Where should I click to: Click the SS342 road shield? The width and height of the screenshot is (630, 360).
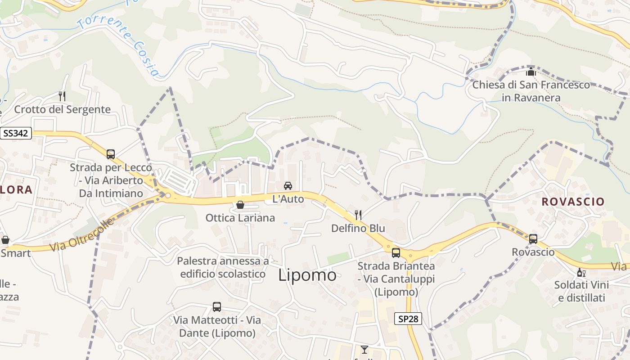(16, 133)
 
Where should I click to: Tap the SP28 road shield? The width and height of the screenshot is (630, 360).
(408, 319)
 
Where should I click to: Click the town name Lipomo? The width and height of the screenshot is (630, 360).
(307, 275)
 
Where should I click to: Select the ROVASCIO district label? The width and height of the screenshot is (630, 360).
(573, 202)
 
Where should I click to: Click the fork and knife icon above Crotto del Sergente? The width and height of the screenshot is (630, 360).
(62, 96)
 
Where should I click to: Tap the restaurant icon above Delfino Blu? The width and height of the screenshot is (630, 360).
(358, 215)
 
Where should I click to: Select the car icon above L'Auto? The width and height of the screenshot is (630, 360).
(288, 185)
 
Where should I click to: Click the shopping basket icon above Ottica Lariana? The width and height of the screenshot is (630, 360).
(240, 205)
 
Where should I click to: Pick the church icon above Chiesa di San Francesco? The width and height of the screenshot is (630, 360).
(531, 72)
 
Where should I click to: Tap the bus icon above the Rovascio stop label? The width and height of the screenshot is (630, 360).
(533, 238)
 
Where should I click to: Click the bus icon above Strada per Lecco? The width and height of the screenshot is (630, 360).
(111, 154)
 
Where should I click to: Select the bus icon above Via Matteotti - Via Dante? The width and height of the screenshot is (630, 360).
(217, 307)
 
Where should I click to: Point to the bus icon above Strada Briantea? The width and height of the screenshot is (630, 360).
(396, 252)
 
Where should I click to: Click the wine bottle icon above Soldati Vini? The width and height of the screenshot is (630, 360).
(581, 272)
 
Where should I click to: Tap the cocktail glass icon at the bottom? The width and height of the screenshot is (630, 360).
(364, 349)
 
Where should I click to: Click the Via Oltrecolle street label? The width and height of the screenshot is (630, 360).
(81, 235)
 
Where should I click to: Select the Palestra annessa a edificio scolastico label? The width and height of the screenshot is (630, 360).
(223, 267)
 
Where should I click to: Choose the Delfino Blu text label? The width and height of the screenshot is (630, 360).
(358, 228)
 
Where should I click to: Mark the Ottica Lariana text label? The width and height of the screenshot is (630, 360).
(240, 218)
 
